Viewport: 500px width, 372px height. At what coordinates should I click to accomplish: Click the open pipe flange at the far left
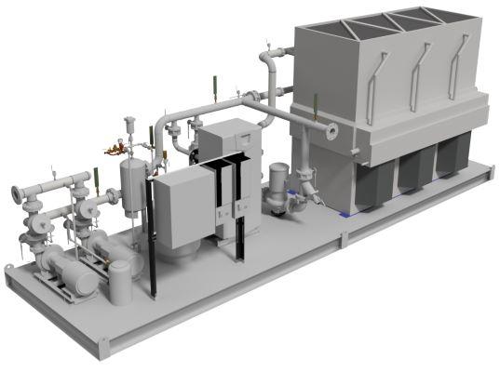17,193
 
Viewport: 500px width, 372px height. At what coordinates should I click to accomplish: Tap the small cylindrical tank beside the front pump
122,283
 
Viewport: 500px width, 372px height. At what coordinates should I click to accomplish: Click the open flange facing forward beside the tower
331,129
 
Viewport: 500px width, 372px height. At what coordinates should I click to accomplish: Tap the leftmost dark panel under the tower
370,187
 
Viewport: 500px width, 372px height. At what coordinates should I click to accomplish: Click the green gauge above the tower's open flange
315,103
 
